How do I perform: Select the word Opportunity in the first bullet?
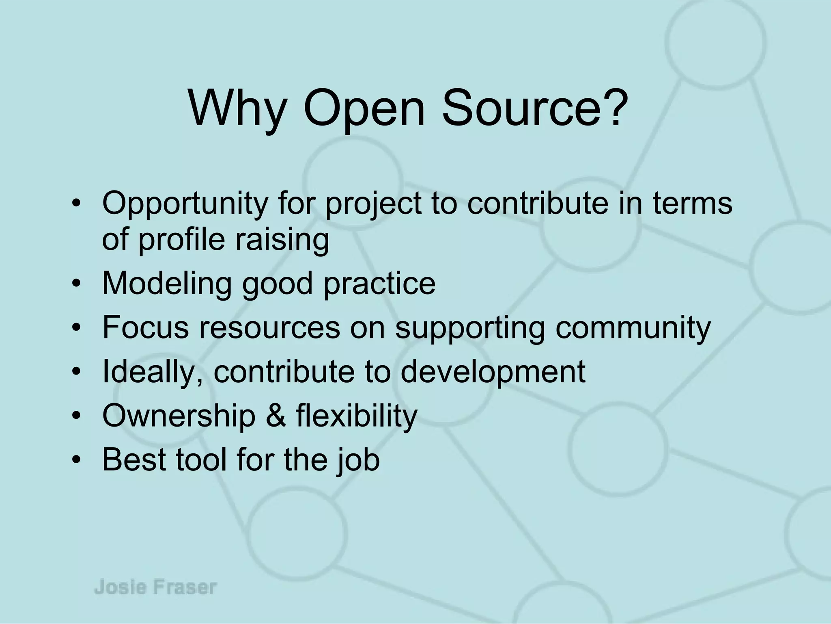tap(184, 204)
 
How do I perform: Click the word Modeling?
tap(167, 284)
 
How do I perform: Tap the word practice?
tap(379, 284)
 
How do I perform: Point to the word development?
tap(493, 372)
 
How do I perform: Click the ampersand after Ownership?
tap(276, 415)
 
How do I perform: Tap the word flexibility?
tap(356, 416)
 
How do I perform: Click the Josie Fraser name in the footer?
tap(156, 587)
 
